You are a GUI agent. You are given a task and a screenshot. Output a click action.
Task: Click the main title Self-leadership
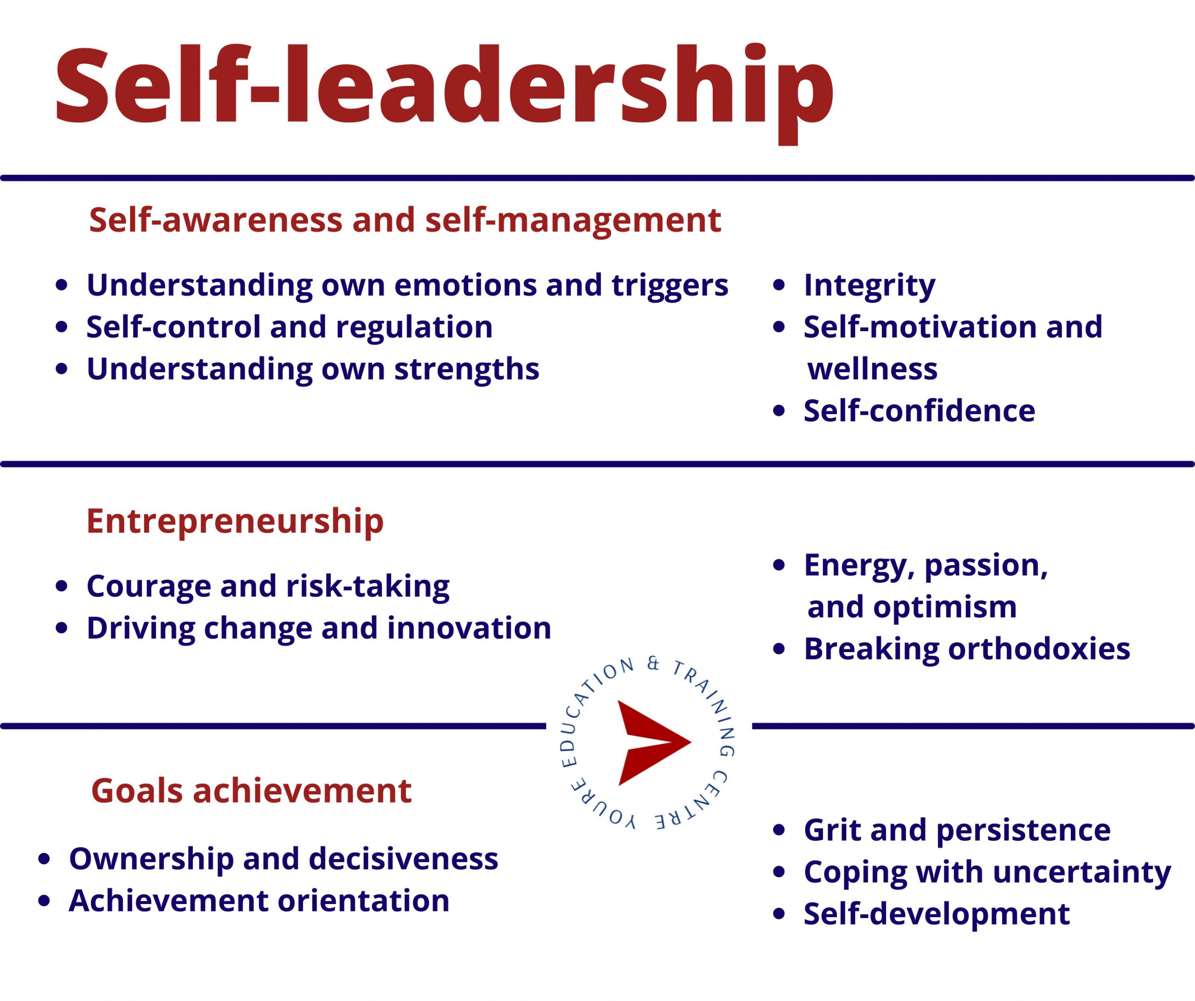point(444,91)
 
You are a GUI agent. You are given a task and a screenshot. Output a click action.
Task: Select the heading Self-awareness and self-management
point(405,221)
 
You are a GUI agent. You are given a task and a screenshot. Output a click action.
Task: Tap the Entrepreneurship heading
point(235,521)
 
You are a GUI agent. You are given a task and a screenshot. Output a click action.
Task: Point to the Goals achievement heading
point(251,791)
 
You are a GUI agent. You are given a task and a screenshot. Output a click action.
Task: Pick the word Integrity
point(869,286)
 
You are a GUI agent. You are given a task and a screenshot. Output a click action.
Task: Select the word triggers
point(670,286)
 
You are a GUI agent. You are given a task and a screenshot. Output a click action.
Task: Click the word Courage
point(148,587)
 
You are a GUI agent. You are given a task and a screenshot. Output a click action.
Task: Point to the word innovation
point(470,628)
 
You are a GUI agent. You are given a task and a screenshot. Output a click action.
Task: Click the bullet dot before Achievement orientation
point(44,901)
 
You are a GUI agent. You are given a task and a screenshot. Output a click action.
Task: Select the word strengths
point(467,370)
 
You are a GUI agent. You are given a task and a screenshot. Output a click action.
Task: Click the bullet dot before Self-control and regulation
point(62,327)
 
